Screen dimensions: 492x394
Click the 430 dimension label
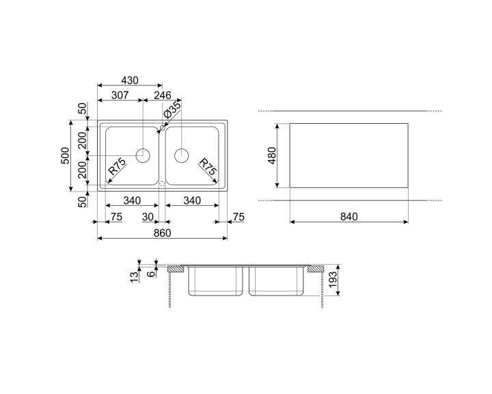[130, 81]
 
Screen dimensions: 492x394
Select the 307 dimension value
[120, 95]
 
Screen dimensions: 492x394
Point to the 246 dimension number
[163, 95]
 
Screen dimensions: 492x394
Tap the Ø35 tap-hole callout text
[173, 110]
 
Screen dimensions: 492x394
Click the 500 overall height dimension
[66, 155]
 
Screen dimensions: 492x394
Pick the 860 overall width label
[162, 233]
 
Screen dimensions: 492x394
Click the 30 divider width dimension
[148, 217]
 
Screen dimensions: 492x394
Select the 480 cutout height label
[271, 155]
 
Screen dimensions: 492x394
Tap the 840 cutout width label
[349, 217]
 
